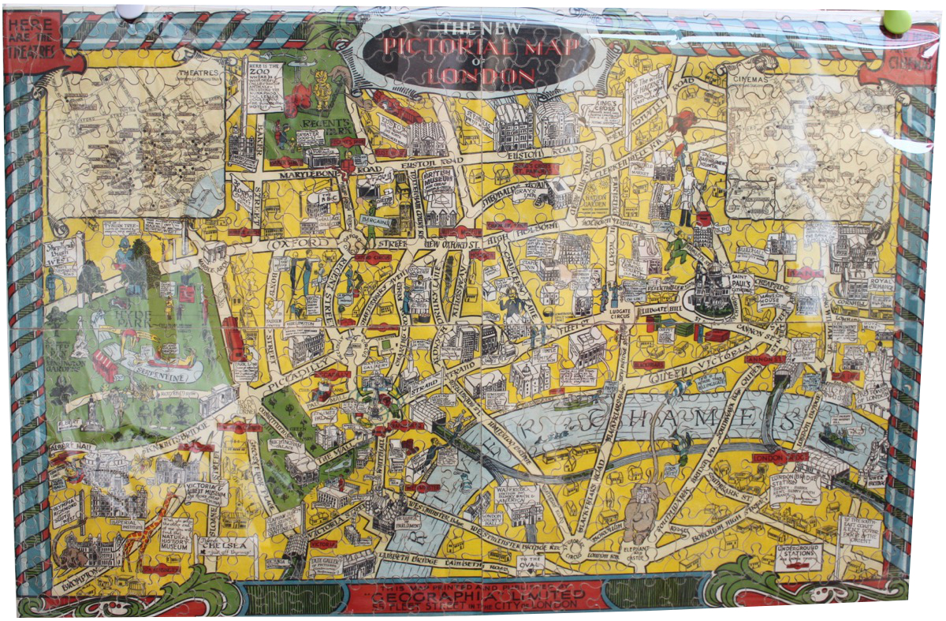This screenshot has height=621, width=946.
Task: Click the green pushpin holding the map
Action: tap(896, 21)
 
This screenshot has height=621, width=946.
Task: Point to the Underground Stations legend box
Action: tap(798, 556)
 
